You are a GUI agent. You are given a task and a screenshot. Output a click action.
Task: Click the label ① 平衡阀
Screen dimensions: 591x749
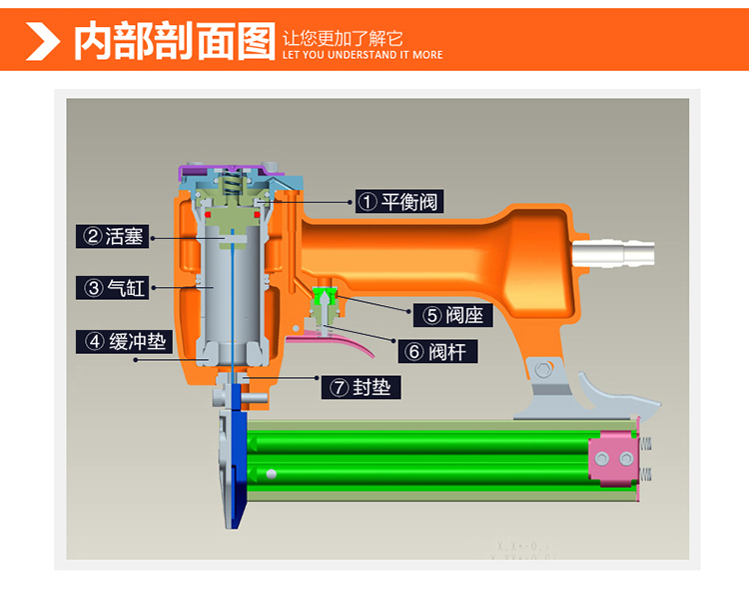pyautogui.click(x=396, y=201)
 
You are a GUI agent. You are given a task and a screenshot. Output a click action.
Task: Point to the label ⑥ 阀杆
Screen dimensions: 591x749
pyautogui.click(x=439, y=352)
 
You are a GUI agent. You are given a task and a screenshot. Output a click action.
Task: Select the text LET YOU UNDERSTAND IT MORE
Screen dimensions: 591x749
pyautogui.click(x=363, y=55)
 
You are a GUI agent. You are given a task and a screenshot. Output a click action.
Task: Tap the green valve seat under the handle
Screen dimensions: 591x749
pyautogui.click(x=323, y=296)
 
